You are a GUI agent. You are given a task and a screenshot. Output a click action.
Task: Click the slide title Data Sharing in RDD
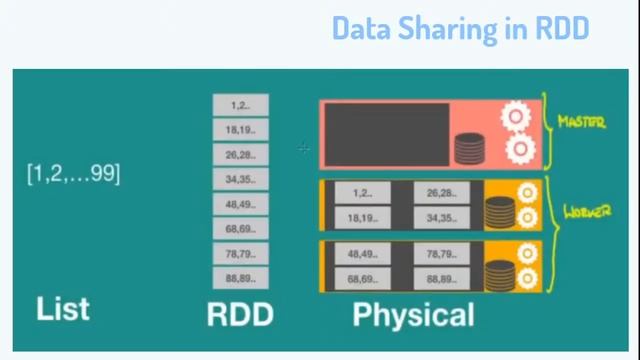click(461, 28)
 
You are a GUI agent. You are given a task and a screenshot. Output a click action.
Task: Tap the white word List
click(62, 308)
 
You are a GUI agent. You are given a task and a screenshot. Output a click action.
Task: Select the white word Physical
click(413, 315)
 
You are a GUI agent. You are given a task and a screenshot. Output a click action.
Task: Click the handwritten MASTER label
click(582, 122)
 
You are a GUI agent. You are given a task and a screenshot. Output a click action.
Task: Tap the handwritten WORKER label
click(587, 212)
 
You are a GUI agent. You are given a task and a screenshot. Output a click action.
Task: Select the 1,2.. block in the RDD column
click(240, 105)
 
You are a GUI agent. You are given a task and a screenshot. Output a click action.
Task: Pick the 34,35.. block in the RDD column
click(240, 180)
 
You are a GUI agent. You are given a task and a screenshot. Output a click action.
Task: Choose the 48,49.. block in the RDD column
click(240, 204)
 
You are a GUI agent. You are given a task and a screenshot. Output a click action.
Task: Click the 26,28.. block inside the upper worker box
click(441, 193)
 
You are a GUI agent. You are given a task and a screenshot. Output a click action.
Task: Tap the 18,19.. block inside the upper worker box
click(362, 217)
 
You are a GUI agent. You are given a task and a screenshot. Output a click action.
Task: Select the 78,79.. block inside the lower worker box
click(441, 255)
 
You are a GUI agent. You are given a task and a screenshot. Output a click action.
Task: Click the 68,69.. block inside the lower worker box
click(362, 279)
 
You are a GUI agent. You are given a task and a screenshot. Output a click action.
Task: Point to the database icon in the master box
click(469, 148)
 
